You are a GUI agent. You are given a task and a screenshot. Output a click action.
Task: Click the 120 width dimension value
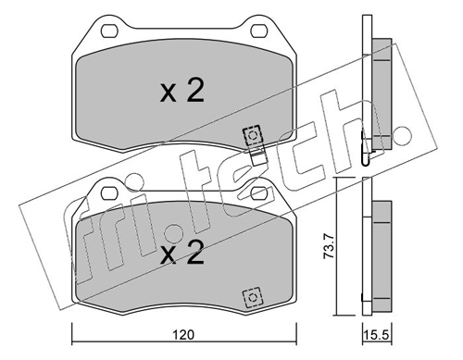[x=183, y=335]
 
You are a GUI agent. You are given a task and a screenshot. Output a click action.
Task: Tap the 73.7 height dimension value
[x=329, y=246]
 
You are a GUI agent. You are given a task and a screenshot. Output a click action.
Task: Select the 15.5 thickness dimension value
[x=377, y=335]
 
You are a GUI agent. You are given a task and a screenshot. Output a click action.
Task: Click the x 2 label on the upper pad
[x=182, y=90]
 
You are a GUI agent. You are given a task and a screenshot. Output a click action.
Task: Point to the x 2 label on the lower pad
[x=182, y=253]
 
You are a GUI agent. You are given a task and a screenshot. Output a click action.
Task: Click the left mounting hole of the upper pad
[x=109, y=31]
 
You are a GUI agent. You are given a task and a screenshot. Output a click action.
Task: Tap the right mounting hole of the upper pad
[x=260, y=31]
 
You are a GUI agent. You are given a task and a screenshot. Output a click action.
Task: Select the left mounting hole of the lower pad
[x=109, y=192]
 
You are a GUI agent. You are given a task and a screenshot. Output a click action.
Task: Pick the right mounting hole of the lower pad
[x=260, y=192]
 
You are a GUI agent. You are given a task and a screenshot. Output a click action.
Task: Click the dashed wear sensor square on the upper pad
[x=253, y=135]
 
